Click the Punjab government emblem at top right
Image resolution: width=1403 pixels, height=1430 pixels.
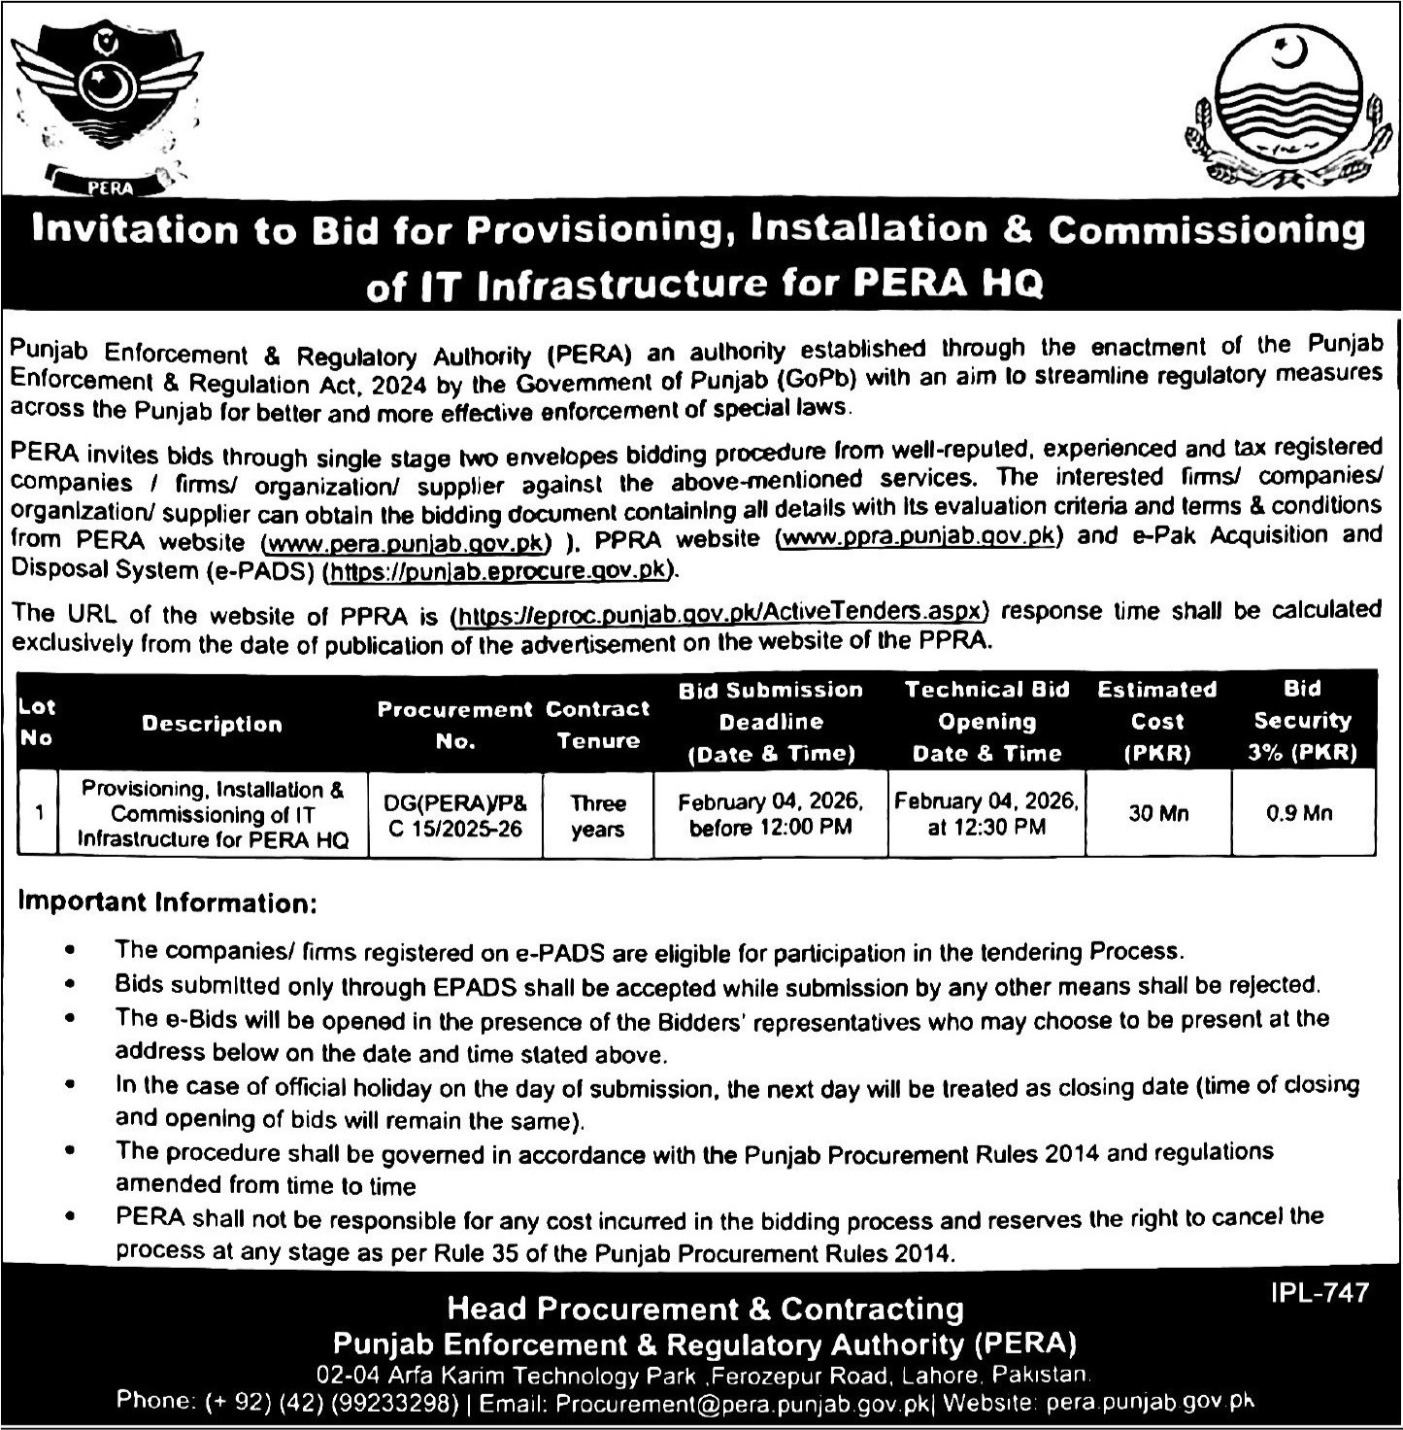[x=1278, y=114]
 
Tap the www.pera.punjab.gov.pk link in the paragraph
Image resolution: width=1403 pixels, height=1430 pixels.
[x=406, y=541]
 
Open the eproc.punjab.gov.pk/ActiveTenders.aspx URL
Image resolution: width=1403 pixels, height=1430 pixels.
[x=719, y=613]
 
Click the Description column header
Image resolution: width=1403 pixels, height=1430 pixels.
[x=212, y=724]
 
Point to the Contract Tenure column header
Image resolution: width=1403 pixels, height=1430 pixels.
[x=597, y=724]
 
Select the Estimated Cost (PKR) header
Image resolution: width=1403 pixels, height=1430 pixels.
[x=1156, y=721]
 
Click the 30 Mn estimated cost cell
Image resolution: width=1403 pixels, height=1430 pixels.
[x=1157, y=813]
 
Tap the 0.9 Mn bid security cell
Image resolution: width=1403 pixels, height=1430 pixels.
[x=1301, y=813]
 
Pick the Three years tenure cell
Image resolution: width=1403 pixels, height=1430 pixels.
[x=597, y=816]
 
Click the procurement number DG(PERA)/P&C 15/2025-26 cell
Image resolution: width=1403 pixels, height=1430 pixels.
[x=454, y=816]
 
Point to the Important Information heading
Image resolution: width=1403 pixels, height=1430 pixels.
[x=167, y=902]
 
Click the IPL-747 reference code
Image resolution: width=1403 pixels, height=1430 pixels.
[x=1319, y=1293]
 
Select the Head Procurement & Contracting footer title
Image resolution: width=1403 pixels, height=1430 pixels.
[x=705, y=1309]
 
